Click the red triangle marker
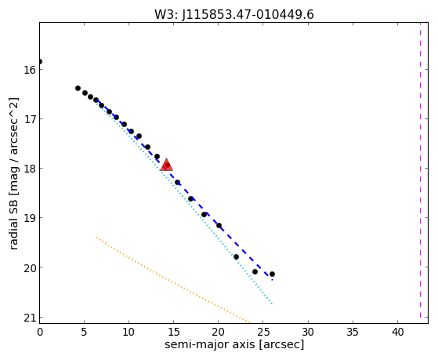pyautogui.click(x=166, y=165)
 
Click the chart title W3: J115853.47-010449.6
pyautogui.click(x=234, y=14)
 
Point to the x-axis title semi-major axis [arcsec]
pyautogui.click(x=234, y=344)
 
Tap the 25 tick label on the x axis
pyautogui.click(x=262, y=332)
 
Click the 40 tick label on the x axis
pyautogui.click(x=397, y=332)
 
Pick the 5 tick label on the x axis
pyautogui.click(x=84, y=332)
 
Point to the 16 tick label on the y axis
pyautogui.click(x=30, y=70)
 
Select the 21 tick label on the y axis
pyautogui.click(x=30, y=318)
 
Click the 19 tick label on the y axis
pyautogui.click(x=30, y=218)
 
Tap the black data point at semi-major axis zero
pyautogui.click(x=40, y=61)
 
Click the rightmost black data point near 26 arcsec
pyautogui.click(x=272, y=275)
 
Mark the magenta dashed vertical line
pyautogui.click(x=420, y=170)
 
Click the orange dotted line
pyautogui.click(x=173, y=280)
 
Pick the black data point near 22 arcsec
pyautogui.click(x=236, y=256)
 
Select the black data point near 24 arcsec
pyautogui.click(x=255, y=271)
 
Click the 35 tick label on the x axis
pyautogui.click(x=353, y=332)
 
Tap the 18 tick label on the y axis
pyautogui.click(x=30, y=169)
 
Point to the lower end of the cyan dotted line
pyautogui.click(x=272, y=304)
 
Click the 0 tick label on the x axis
pyautogui.click(x=40, y=332)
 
